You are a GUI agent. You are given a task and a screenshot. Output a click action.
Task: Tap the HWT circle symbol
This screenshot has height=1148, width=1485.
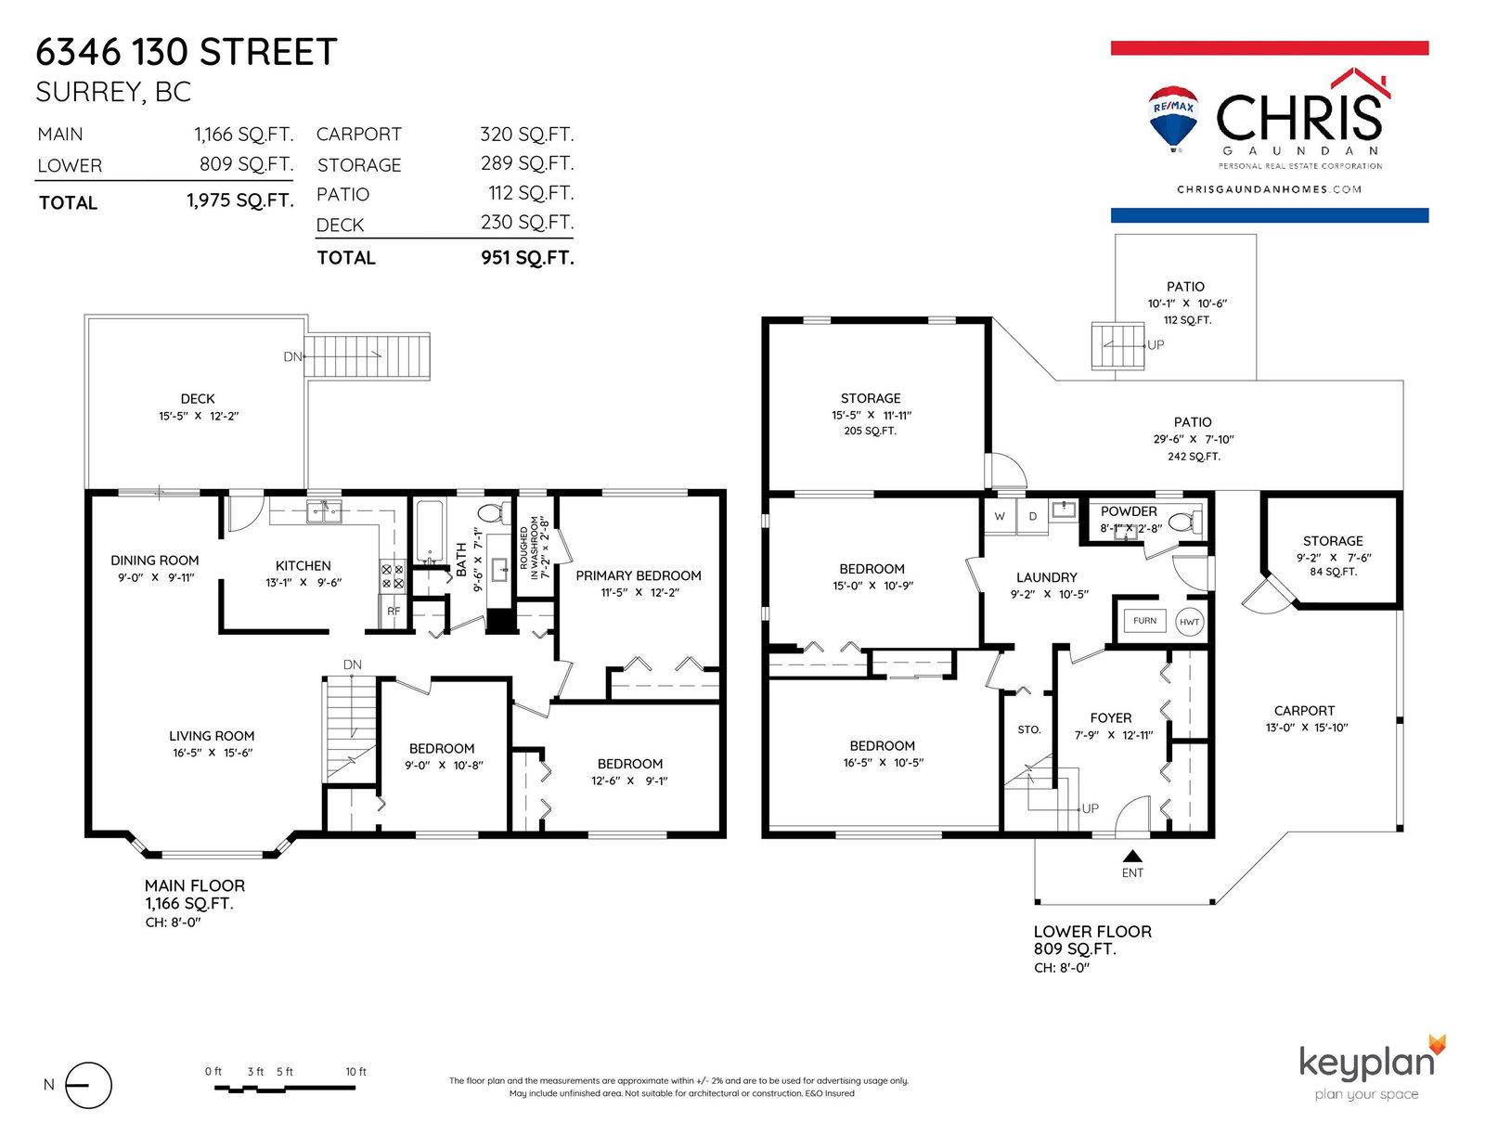click(1189, 622)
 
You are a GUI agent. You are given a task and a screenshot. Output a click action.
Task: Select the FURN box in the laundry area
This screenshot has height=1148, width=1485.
click(1144, 621)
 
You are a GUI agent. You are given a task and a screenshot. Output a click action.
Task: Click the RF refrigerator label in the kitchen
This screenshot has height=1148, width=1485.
click(394, 611)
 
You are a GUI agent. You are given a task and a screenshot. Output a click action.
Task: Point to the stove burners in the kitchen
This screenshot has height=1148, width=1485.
click(393, 576)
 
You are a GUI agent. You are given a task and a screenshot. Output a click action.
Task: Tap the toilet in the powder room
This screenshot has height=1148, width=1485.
click(1185, 522)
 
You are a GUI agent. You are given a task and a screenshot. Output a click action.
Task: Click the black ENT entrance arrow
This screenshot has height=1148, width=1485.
click(1132, 856)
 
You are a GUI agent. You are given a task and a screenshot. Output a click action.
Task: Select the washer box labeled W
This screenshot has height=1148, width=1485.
click(999, 517)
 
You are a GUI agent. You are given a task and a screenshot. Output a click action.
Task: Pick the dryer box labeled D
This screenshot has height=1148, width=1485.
click(1033, 517)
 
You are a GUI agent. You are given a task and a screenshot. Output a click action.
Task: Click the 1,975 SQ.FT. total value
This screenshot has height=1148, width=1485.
click(239, 200)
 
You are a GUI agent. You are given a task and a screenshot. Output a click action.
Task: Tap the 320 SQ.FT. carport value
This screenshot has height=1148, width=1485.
click(527, 134)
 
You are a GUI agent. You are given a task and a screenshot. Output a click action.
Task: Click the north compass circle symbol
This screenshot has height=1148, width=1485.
click(88, 1085)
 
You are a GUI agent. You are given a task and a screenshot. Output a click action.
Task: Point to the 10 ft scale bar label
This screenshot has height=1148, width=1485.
click(355, 1072)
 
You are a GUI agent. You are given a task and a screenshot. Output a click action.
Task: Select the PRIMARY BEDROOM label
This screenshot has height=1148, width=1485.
click(639, 575)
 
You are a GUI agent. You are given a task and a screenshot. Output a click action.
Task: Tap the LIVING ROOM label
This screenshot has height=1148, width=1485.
click(212, 736)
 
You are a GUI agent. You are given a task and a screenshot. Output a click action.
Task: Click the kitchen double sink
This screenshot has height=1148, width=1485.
click(324, 511)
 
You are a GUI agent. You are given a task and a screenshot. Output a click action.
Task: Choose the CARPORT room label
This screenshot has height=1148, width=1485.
click(1304, 711)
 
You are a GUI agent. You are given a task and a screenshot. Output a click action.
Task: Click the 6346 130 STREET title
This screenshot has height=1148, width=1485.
click(187, 52)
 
